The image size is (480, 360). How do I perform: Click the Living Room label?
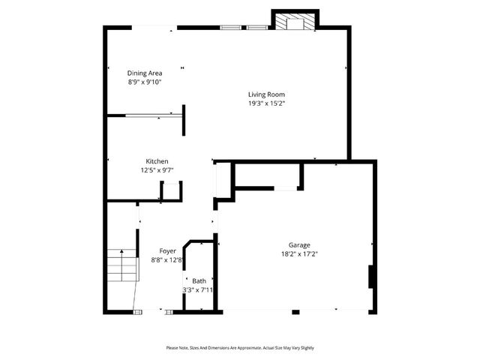266,94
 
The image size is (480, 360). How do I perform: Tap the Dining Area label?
144,73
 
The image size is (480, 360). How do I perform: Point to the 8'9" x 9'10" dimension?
144,82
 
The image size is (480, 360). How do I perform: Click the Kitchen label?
156,161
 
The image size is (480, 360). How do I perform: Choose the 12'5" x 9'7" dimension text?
156,170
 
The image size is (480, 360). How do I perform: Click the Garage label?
299,244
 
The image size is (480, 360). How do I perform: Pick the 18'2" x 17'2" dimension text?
299,253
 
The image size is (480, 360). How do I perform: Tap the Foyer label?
167,251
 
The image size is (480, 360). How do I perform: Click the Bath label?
198,280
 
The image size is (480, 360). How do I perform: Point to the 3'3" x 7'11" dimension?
198,289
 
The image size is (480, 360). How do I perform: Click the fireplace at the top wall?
294,22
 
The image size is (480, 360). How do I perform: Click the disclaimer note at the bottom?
240,348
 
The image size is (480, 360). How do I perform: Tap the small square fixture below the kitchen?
171,191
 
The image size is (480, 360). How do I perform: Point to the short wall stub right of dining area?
184,119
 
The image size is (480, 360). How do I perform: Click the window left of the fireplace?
244,28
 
